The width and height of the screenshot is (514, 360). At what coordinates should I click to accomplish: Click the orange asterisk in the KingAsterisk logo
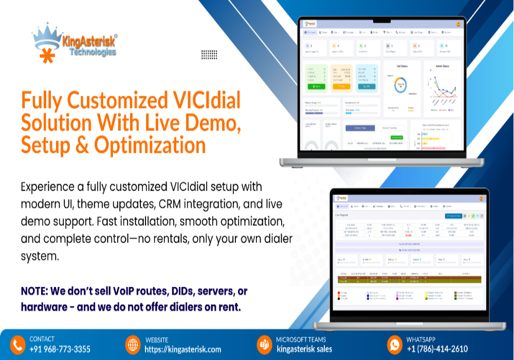(47, 56)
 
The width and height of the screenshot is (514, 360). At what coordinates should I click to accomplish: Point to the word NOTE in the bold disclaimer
(36, 291)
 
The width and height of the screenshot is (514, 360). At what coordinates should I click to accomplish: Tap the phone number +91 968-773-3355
(60, 349)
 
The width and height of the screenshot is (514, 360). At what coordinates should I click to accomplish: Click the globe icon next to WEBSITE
(133, 344)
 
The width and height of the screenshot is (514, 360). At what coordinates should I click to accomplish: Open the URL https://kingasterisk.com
(183, 349)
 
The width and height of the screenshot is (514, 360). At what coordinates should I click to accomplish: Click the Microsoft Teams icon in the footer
(264, 344)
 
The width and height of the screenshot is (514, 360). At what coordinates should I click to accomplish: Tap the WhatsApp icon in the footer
(394, 344)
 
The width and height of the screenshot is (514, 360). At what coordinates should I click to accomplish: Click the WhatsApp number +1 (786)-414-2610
(437, 349)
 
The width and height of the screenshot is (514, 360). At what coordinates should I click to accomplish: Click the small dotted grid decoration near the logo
(209, 54)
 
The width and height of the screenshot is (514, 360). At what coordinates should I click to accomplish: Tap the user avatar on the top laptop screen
(457, 24)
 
